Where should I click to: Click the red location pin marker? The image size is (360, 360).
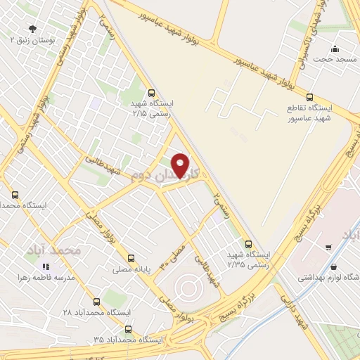(181, 165)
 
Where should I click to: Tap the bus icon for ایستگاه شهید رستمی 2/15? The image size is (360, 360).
(152, 92)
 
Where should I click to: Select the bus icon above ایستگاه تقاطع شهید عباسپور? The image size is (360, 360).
(310, 97)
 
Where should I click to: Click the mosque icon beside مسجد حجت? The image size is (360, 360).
(335, 49)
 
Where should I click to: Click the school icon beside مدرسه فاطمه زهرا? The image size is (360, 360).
(46, 267)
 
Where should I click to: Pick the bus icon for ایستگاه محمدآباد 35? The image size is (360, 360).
(127, 328)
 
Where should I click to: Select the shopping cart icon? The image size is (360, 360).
(328, 247)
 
